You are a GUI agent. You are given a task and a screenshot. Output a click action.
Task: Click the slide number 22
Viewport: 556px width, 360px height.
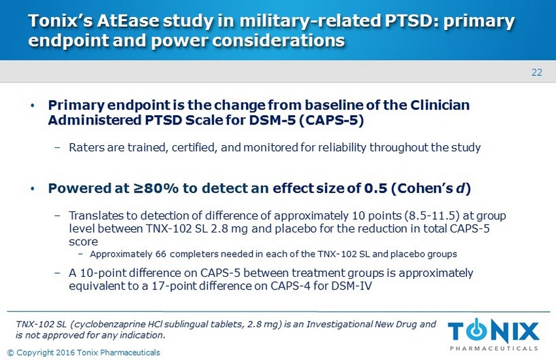click(536, 72)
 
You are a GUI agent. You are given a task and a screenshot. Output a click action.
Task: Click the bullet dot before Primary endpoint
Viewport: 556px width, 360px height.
click(33, 106)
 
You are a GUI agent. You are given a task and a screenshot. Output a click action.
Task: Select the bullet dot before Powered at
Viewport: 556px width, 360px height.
click(33, 190)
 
